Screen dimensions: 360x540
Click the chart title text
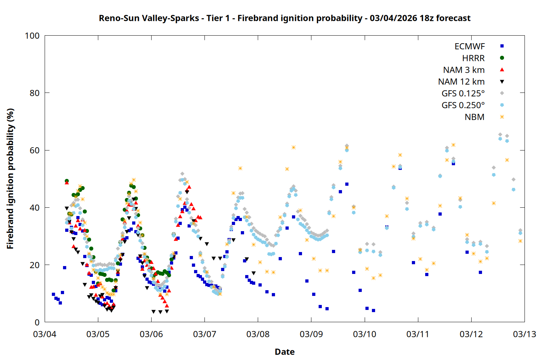tap(284, 18)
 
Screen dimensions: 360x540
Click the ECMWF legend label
tap(469, 46)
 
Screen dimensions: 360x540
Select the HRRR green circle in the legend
tap(502, 58)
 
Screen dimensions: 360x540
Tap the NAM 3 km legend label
tap(464, 70)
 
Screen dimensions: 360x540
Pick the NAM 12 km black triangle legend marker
tap(502, 82)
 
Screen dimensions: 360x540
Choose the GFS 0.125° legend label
tap(463, 94)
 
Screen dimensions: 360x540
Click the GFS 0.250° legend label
tap(463, 105)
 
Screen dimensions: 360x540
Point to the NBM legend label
tap(474, 117)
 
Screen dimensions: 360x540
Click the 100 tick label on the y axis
tap(32, 36)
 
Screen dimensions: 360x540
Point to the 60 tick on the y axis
tap(35, 150)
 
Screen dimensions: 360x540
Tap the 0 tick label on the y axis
tap(37, 322)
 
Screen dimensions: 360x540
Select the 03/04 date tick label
tap(45, 334)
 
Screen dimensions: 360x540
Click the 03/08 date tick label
tap(258, 334)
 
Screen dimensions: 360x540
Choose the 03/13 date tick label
tap(524, 334)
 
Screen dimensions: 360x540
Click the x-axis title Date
tap(284, 352)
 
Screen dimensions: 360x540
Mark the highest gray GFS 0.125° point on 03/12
tap(500, 135)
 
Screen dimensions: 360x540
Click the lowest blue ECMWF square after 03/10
tap(373, 310)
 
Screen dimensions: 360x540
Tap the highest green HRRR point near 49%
tap(67, 181)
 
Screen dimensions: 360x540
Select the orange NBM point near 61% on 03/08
tap(293, 147)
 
